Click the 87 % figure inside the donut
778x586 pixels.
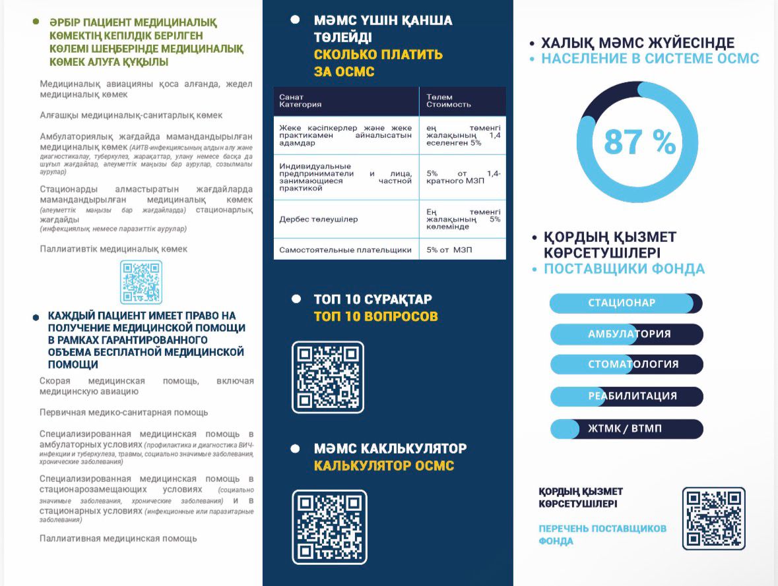(639, 142)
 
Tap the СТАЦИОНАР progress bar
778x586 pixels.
(626, 303)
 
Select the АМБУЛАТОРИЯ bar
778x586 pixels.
(627, 334)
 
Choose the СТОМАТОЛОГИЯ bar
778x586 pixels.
(627, 365)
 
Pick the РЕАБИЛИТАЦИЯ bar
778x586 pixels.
(627, 396)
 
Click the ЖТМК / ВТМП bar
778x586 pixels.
(627, 429)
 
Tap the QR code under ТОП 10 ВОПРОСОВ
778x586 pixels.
(328, 377)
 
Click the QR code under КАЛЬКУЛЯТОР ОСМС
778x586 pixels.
(329, 526)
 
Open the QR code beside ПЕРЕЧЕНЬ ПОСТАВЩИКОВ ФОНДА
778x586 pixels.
(713, 518)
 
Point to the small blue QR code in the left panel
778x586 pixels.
(141, 282)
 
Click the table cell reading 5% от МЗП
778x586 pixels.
(462, 250)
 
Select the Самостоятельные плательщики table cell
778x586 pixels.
(345, 250)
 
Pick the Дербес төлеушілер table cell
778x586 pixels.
(345, 220)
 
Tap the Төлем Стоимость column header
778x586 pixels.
(462, 101)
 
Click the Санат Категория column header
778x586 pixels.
(345, 101)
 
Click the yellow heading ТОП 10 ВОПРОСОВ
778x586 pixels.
(375, 316)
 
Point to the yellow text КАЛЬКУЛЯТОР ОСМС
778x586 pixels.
(384, 466)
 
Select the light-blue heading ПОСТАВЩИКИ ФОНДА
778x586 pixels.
(624, 269)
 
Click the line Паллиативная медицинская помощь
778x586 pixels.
(118, 539)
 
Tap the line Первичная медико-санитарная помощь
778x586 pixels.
(123, 413)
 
